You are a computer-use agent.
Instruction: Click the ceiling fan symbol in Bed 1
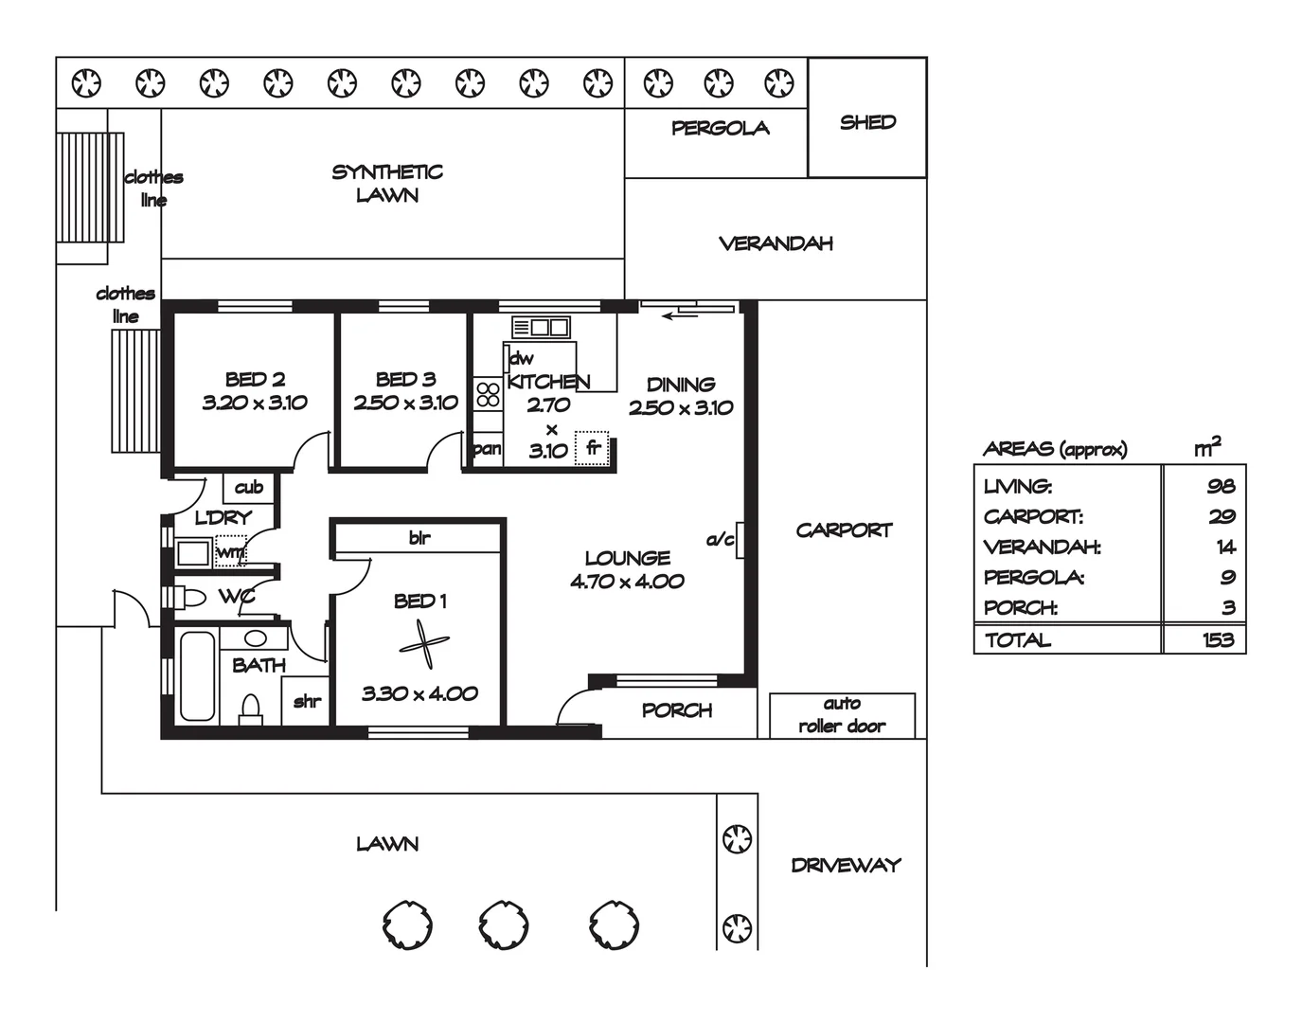tap(424, 644)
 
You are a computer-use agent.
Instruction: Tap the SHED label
tap(867, 122)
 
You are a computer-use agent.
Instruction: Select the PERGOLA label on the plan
tap(721, 128)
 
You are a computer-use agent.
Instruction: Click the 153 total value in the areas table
tap(1218, 640)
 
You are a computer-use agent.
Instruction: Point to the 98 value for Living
tap(1222, 486)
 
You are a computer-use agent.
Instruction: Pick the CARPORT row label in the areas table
tap(1033, 516)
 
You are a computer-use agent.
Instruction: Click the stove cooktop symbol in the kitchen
tap(489, 394)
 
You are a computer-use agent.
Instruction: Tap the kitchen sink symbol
tap(541, 327)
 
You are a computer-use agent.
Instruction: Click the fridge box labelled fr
tap(592, 448)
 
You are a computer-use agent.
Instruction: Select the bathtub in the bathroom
tap(197, 674)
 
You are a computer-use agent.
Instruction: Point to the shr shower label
tap(308, 701)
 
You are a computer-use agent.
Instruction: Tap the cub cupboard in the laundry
tap(249, 488)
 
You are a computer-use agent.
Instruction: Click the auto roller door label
tap(842, 715)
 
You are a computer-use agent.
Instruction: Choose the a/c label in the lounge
tap(721, 540)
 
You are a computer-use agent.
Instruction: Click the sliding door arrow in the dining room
tap(680, 315)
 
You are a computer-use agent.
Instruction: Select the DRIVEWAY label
tap(846, 865)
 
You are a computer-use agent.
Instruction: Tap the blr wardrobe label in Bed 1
tap(419, 538)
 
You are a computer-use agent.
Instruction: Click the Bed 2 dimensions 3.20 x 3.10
tap(255, 403)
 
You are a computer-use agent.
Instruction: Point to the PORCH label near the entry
tap(677, 710)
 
